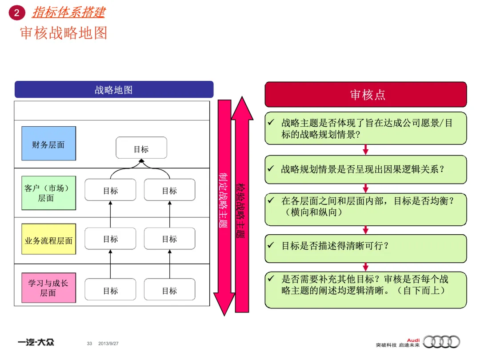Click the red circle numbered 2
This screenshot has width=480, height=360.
16,13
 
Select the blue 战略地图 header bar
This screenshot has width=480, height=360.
114,90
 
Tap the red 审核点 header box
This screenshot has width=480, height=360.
366,95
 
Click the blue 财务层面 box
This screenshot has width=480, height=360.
48,144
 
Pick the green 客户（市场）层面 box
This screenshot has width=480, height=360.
48,193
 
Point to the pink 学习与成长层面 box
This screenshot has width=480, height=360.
48,288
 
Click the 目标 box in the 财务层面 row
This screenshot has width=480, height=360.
141,148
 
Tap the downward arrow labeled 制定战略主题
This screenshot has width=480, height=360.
224,200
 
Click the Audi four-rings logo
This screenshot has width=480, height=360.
441,342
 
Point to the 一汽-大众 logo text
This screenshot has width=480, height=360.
36,343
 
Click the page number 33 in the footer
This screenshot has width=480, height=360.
89,344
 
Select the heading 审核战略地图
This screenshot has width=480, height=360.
64,33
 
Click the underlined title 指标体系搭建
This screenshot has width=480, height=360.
68,12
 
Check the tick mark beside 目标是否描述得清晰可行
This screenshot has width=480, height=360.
271,245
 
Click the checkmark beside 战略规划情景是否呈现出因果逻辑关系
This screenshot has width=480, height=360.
271,169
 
